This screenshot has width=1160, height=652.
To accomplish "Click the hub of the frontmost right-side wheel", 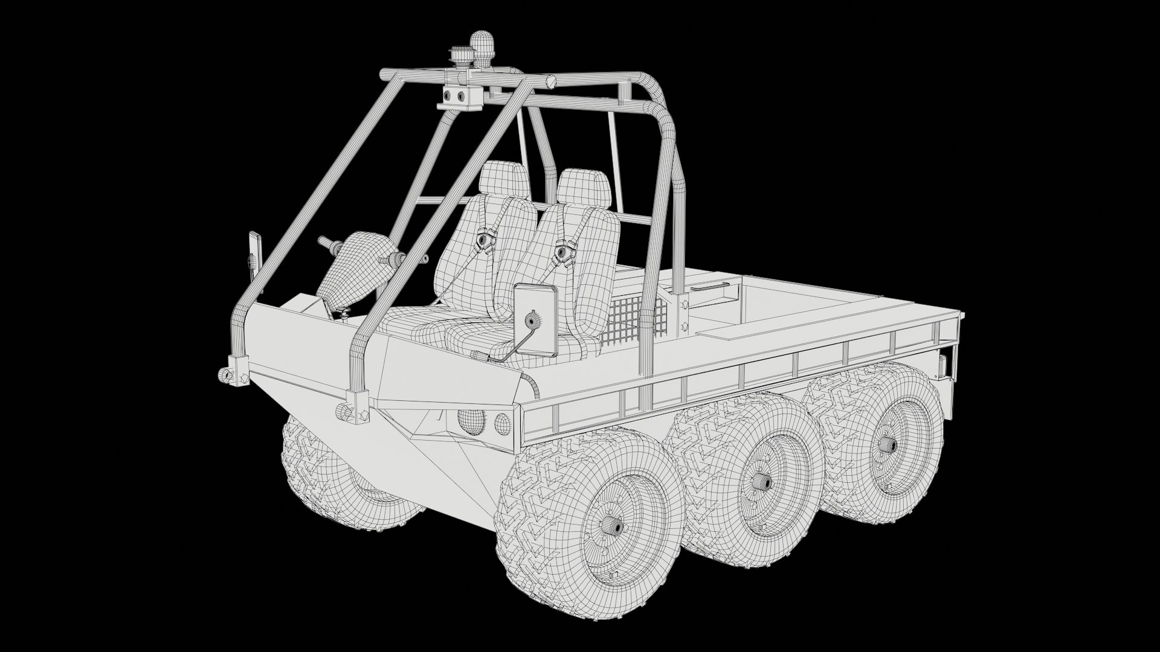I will click(614, 526).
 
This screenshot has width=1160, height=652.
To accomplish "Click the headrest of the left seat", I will click(504, 179).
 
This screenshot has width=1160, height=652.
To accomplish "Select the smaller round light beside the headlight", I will click(502, 423).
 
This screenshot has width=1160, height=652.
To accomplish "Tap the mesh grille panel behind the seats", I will click(634, 320).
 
